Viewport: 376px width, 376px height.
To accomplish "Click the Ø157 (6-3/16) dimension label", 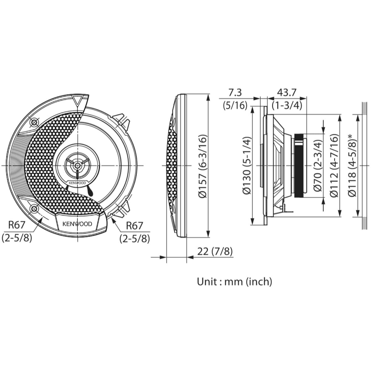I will pos(203,166).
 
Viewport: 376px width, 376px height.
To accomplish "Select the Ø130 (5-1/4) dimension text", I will pos(247,166).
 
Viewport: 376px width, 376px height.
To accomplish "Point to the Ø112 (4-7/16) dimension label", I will pos(334,166).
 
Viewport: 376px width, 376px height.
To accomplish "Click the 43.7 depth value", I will pos(287,93).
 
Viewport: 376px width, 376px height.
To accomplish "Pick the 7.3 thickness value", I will pos(235,93).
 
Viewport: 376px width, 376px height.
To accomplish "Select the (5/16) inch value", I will pos(235,105).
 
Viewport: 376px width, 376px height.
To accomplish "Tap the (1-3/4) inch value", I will pos(287,105).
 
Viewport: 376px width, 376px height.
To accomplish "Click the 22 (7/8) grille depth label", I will pos(215,251).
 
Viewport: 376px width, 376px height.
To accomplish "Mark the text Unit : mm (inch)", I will pos(234,281).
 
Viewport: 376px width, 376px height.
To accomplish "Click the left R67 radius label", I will pos(17,225).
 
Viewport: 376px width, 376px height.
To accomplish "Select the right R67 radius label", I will pos(134,226).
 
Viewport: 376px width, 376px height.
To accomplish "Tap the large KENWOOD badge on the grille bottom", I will pos(77,224).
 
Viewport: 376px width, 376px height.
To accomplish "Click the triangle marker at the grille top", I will pos(77,101).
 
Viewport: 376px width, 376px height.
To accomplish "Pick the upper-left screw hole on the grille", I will pos(34,122).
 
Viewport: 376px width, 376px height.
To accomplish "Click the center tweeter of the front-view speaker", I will pos(77,164).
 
